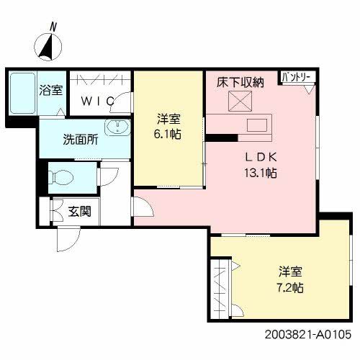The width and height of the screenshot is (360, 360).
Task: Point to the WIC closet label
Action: pyautogui.click(x=97, y=102)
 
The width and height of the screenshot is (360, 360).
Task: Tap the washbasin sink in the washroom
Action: pyautogui.click(x=116, y=129)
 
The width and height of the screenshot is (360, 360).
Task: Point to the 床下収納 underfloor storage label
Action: pyautogui.click(x=240, y=83)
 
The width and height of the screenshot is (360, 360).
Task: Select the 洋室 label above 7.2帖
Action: pyautogui.click(x=291, y=272)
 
